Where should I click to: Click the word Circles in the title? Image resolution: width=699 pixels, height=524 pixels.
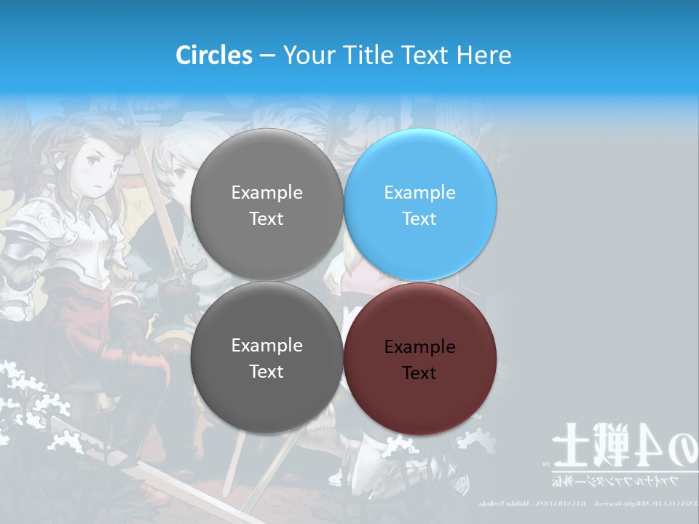click(214, 55)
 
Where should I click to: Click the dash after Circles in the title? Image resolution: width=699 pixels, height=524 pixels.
click(267, 56)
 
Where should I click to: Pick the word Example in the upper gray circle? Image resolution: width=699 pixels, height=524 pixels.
click(266, 192)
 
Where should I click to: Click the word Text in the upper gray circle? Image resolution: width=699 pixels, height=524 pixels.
click(266, 218)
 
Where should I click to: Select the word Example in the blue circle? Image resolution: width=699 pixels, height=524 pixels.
click(419, 192)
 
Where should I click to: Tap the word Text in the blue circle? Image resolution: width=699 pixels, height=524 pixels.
click(419, 218)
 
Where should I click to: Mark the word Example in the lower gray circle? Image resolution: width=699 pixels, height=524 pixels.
click(266, 345)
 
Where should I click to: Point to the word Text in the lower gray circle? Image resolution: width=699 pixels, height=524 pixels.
click(266, 371)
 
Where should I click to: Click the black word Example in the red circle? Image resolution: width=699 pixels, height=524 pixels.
click(419, 346)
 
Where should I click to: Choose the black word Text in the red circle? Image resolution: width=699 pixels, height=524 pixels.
click(419, 373)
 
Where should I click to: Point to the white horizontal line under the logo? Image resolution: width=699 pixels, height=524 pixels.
click(619, 471)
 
